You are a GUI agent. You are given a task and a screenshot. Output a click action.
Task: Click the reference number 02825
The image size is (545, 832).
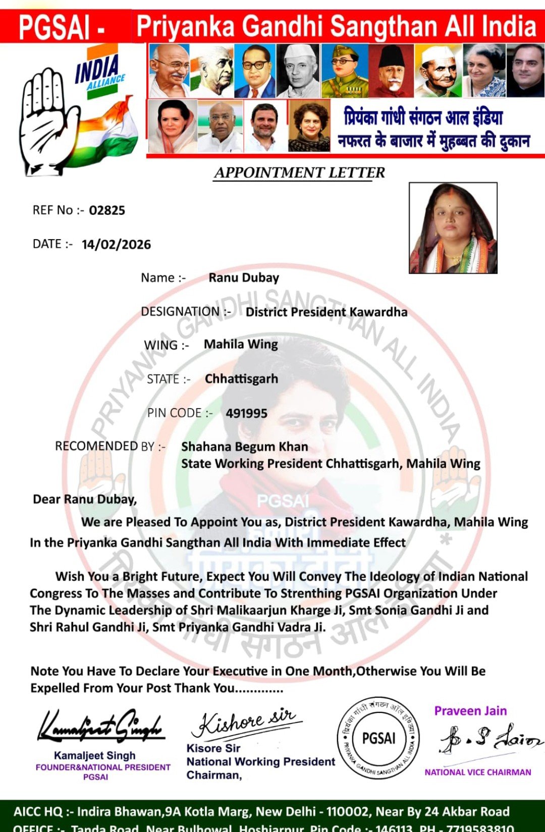click(107, 210)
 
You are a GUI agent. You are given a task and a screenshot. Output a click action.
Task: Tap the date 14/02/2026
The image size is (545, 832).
click(116, 245)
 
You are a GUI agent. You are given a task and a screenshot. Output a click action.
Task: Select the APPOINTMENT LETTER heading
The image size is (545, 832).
click(299, 173)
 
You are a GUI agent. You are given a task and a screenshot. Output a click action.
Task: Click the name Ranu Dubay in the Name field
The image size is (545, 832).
click(244, 278)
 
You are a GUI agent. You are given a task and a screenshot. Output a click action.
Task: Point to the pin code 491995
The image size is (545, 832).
click(247, 413)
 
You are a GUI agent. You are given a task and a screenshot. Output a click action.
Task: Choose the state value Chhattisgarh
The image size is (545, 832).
click(241, 379)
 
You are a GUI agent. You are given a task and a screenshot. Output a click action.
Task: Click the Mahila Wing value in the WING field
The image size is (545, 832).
click(241, 344)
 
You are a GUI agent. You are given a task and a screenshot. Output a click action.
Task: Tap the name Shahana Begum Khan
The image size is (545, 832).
click(245, 447)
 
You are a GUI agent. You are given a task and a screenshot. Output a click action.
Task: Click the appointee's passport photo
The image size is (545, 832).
click(453, 228)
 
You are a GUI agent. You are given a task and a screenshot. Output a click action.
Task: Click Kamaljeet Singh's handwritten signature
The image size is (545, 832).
click(101, 727)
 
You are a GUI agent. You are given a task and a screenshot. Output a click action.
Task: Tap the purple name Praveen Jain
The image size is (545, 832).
click(470, 711)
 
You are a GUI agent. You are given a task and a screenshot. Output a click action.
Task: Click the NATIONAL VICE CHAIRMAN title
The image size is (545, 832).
click(477, 772)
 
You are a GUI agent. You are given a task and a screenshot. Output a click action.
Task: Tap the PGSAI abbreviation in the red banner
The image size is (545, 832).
click(54, 27)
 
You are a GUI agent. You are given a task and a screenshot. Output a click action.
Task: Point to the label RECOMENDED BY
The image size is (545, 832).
click(110, 447)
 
